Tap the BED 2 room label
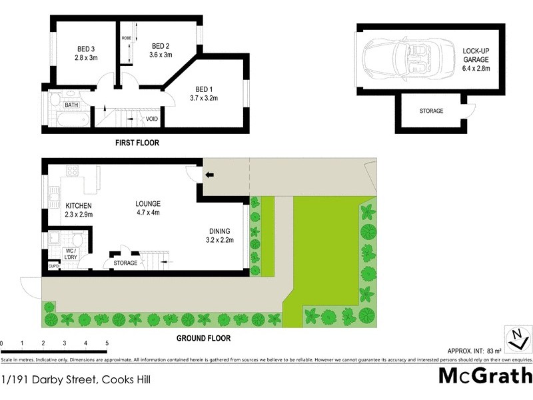pyautogui.click(x=161, y=45)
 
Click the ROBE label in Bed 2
pyautogui.click(x=126, y=38)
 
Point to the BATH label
pyautogui.click(x=71, y=105)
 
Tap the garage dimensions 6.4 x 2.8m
pyautogui.click(x=476, y=69)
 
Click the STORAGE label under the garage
pyautogui.click(x=431, y=111)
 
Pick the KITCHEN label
pyautogui.click(x=79, y=205)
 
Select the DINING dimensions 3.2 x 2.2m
pyautogui.click(x=220, y=240)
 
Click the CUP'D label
pyautogui.click(x=53, y=267)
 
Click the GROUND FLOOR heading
pyautogui.click(x=203, y=338)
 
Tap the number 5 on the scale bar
pyautogui.click(x=107, y=343)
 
